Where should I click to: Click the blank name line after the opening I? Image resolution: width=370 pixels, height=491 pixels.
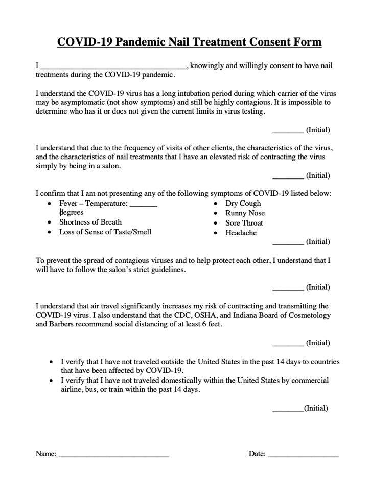[113, 66]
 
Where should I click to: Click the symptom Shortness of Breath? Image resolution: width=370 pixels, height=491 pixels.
[90, 222]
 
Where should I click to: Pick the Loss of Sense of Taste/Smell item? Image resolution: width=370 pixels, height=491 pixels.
[105, 232]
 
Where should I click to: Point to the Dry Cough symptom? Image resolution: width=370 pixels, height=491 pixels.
[243, 203]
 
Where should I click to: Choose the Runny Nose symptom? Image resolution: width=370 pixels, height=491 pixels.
[245, 213]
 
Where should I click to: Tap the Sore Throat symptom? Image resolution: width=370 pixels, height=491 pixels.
[244, 223]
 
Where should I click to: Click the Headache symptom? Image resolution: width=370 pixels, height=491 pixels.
[241, 233]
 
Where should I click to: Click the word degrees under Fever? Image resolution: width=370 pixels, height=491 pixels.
[71, 212]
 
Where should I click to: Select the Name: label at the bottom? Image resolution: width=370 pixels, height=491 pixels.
[45, 454]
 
